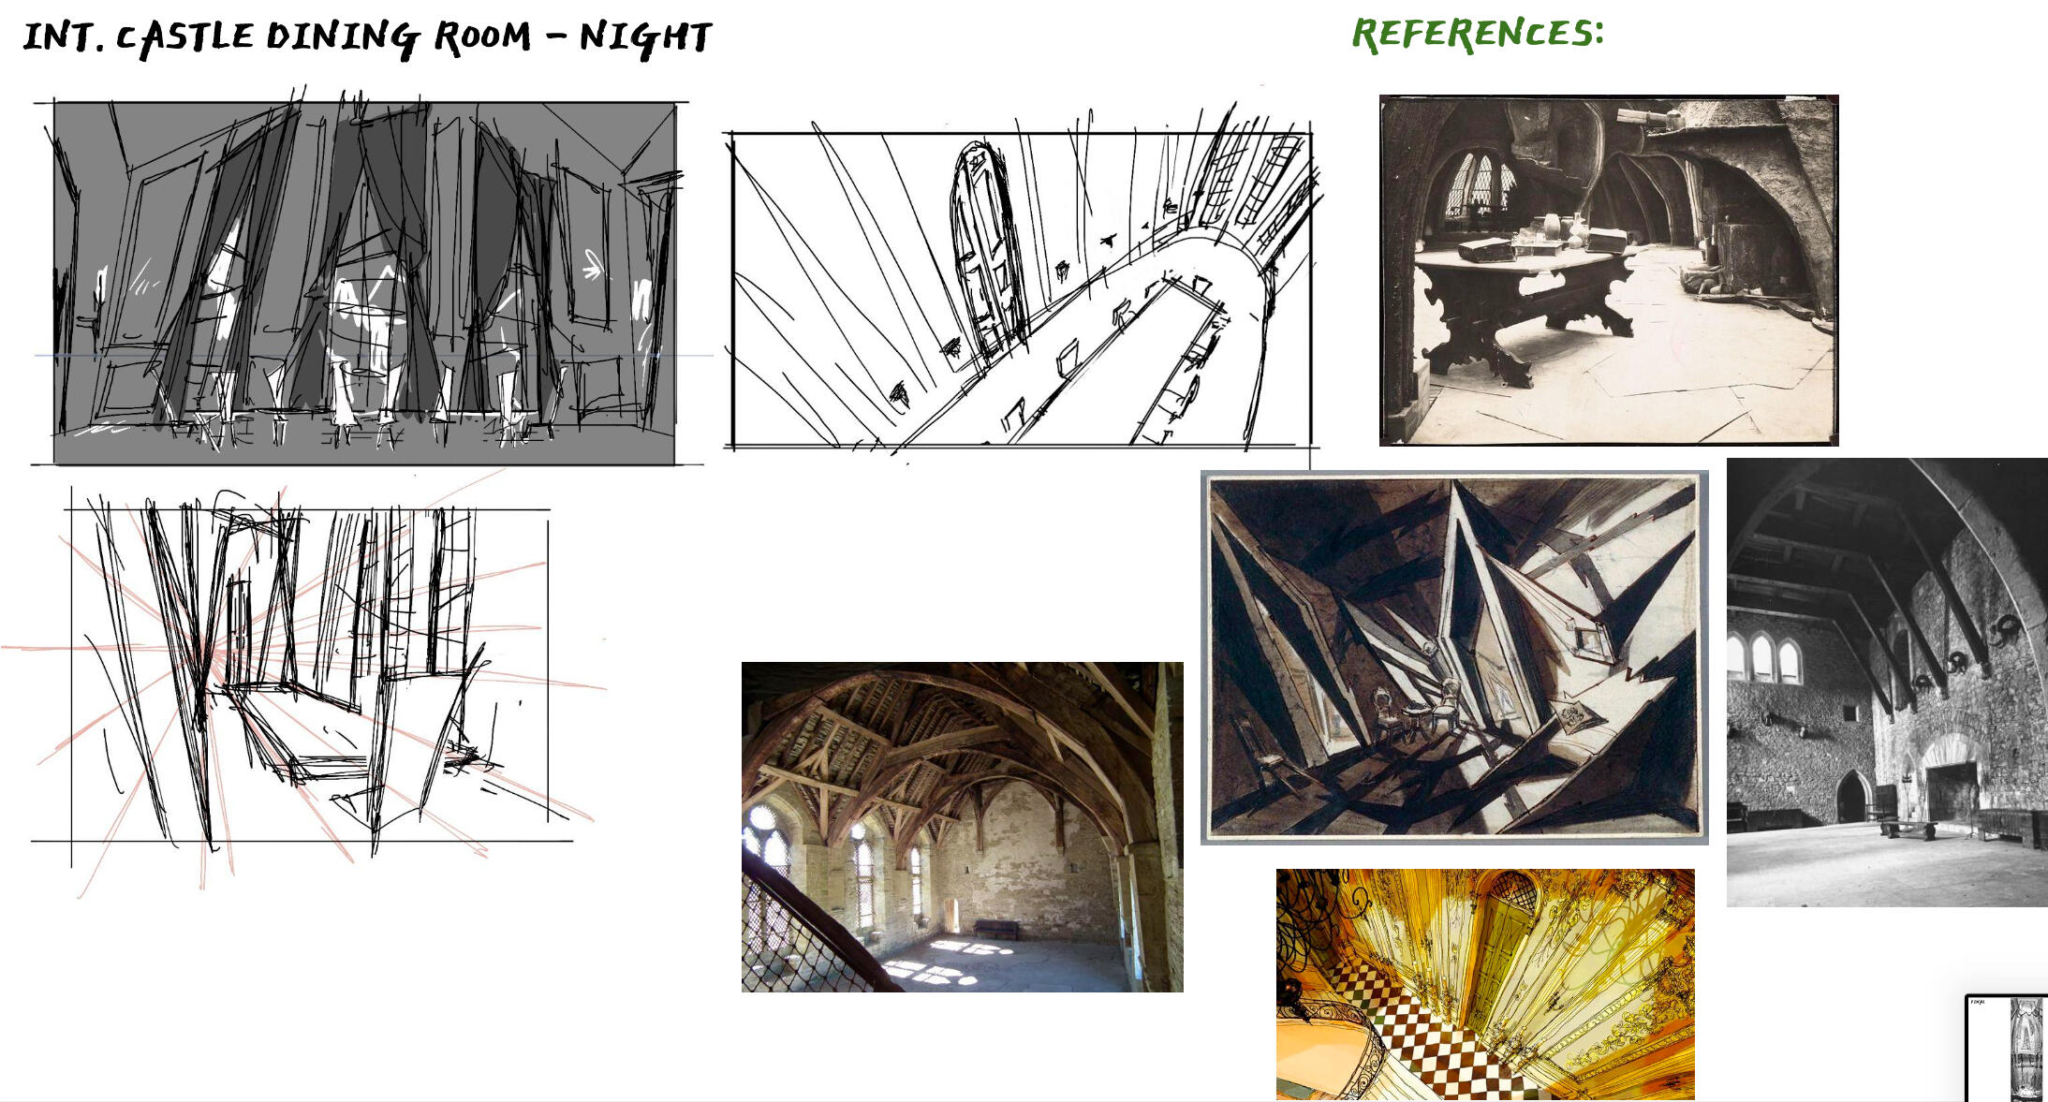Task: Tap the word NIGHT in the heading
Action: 645,37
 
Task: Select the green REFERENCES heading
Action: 1478,34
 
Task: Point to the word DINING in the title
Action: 343,37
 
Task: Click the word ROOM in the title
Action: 481,37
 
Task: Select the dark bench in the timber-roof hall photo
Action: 996,929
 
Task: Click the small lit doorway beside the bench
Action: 952,915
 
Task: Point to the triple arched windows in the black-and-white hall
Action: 1763,658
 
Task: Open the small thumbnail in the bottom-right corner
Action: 2007,1048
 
